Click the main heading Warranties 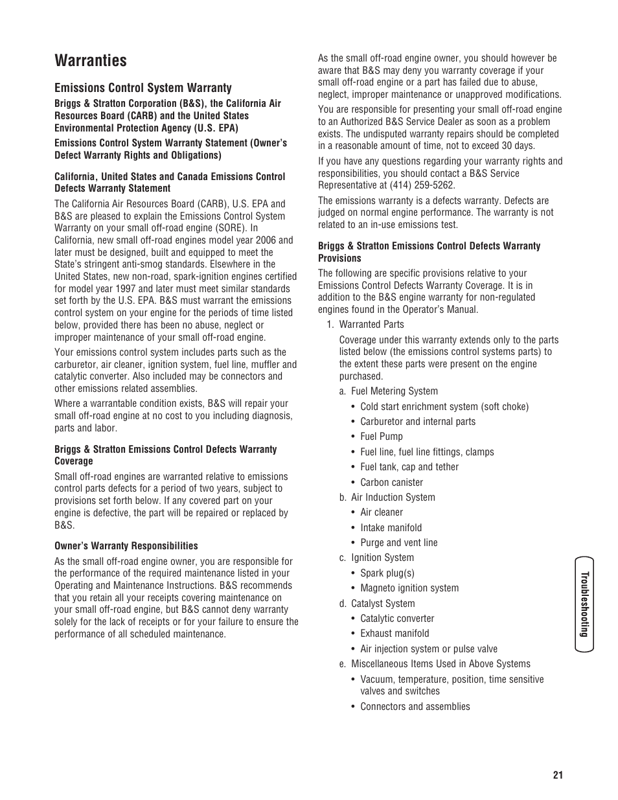91,61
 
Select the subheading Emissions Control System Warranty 143,88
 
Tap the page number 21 558,775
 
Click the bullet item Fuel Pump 381,437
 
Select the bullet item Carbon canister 391,483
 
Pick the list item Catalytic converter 396,619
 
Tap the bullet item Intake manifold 391,528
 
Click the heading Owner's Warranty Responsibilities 126,546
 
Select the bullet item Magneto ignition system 409,588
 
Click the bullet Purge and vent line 398,543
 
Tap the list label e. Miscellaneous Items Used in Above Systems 434,664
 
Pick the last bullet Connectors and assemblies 415,707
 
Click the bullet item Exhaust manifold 394,634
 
